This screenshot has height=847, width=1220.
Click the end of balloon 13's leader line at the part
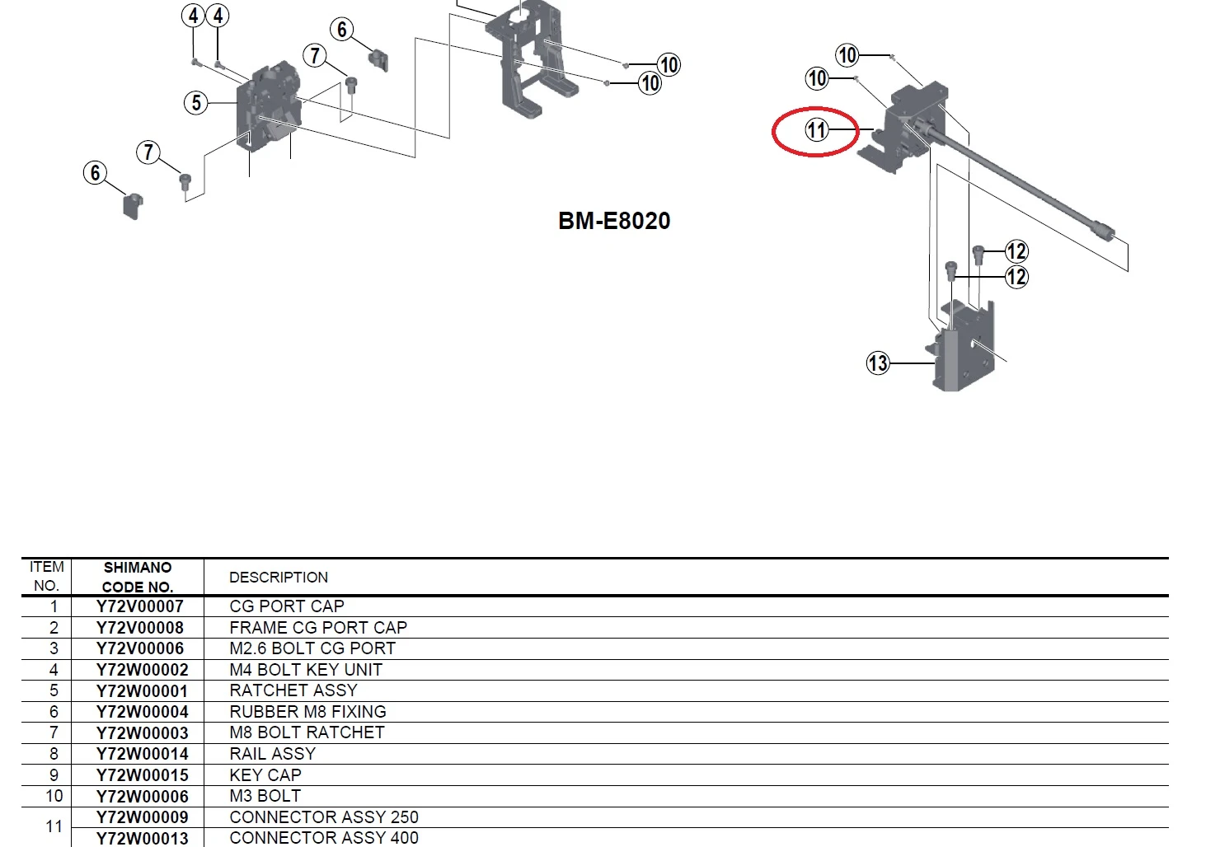point(936,363)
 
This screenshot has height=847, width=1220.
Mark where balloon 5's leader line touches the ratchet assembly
point(237,103)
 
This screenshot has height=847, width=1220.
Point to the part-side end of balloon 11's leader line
point(874,130)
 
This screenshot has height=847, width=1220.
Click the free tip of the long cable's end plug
point(1113,235)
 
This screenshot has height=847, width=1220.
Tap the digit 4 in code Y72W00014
point(183,754)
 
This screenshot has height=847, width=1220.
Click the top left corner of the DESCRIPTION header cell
point(204,559)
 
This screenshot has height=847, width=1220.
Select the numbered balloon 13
point(878,363)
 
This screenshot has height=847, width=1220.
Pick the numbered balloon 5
point(196,103)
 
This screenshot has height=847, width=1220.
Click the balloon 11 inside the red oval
point(816,130)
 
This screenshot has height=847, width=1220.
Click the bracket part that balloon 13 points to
point(961,346)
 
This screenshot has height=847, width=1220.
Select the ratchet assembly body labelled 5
point(269,105)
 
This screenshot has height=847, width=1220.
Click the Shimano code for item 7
point(142,733)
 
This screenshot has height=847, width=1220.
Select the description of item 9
point(265,775)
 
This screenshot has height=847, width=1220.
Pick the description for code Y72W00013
point(324,838)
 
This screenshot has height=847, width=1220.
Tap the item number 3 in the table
point(54,649)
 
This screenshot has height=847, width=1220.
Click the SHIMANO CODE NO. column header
point(138,577)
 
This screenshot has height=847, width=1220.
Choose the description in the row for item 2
point(318,628)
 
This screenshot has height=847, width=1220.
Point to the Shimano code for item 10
point(142,797)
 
